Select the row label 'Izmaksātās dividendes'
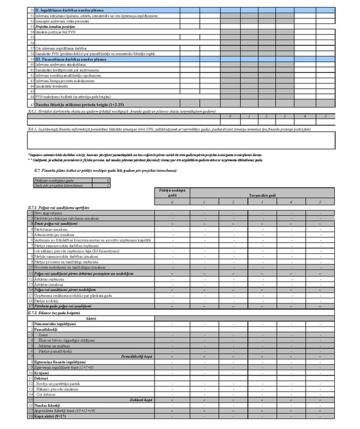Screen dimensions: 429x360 pos(52,86)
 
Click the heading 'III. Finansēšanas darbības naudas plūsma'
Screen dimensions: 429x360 pos(71,59)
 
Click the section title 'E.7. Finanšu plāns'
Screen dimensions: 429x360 pos(101,170)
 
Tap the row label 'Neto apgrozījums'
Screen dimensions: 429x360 pos(47,213)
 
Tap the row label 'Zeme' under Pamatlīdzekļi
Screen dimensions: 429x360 pos(43,335)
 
